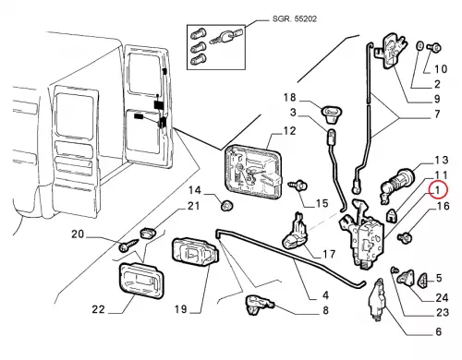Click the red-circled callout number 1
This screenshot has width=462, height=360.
click(x=437, y=190)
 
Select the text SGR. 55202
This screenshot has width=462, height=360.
click(x=295, y=18)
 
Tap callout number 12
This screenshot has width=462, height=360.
click(x=289, y=131)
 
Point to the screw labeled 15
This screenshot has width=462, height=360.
click(x=298, y=186)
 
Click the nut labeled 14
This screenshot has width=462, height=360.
click(x=227, y=205)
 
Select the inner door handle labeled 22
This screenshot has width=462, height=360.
click(x=141, y=281)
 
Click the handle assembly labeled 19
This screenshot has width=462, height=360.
click(x=195, y=254)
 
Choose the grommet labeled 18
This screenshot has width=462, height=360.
click(x=331, y=112)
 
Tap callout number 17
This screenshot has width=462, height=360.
click(x=328, y=255)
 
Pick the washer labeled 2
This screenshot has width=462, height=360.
click(x=420, y=46)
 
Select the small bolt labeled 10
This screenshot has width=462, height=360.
click(x=434, y=47)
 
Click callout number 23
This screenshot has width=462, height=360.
click(x=442, y=313)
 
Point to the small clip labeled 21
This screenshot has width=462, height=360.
click(x=148, y=233)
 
